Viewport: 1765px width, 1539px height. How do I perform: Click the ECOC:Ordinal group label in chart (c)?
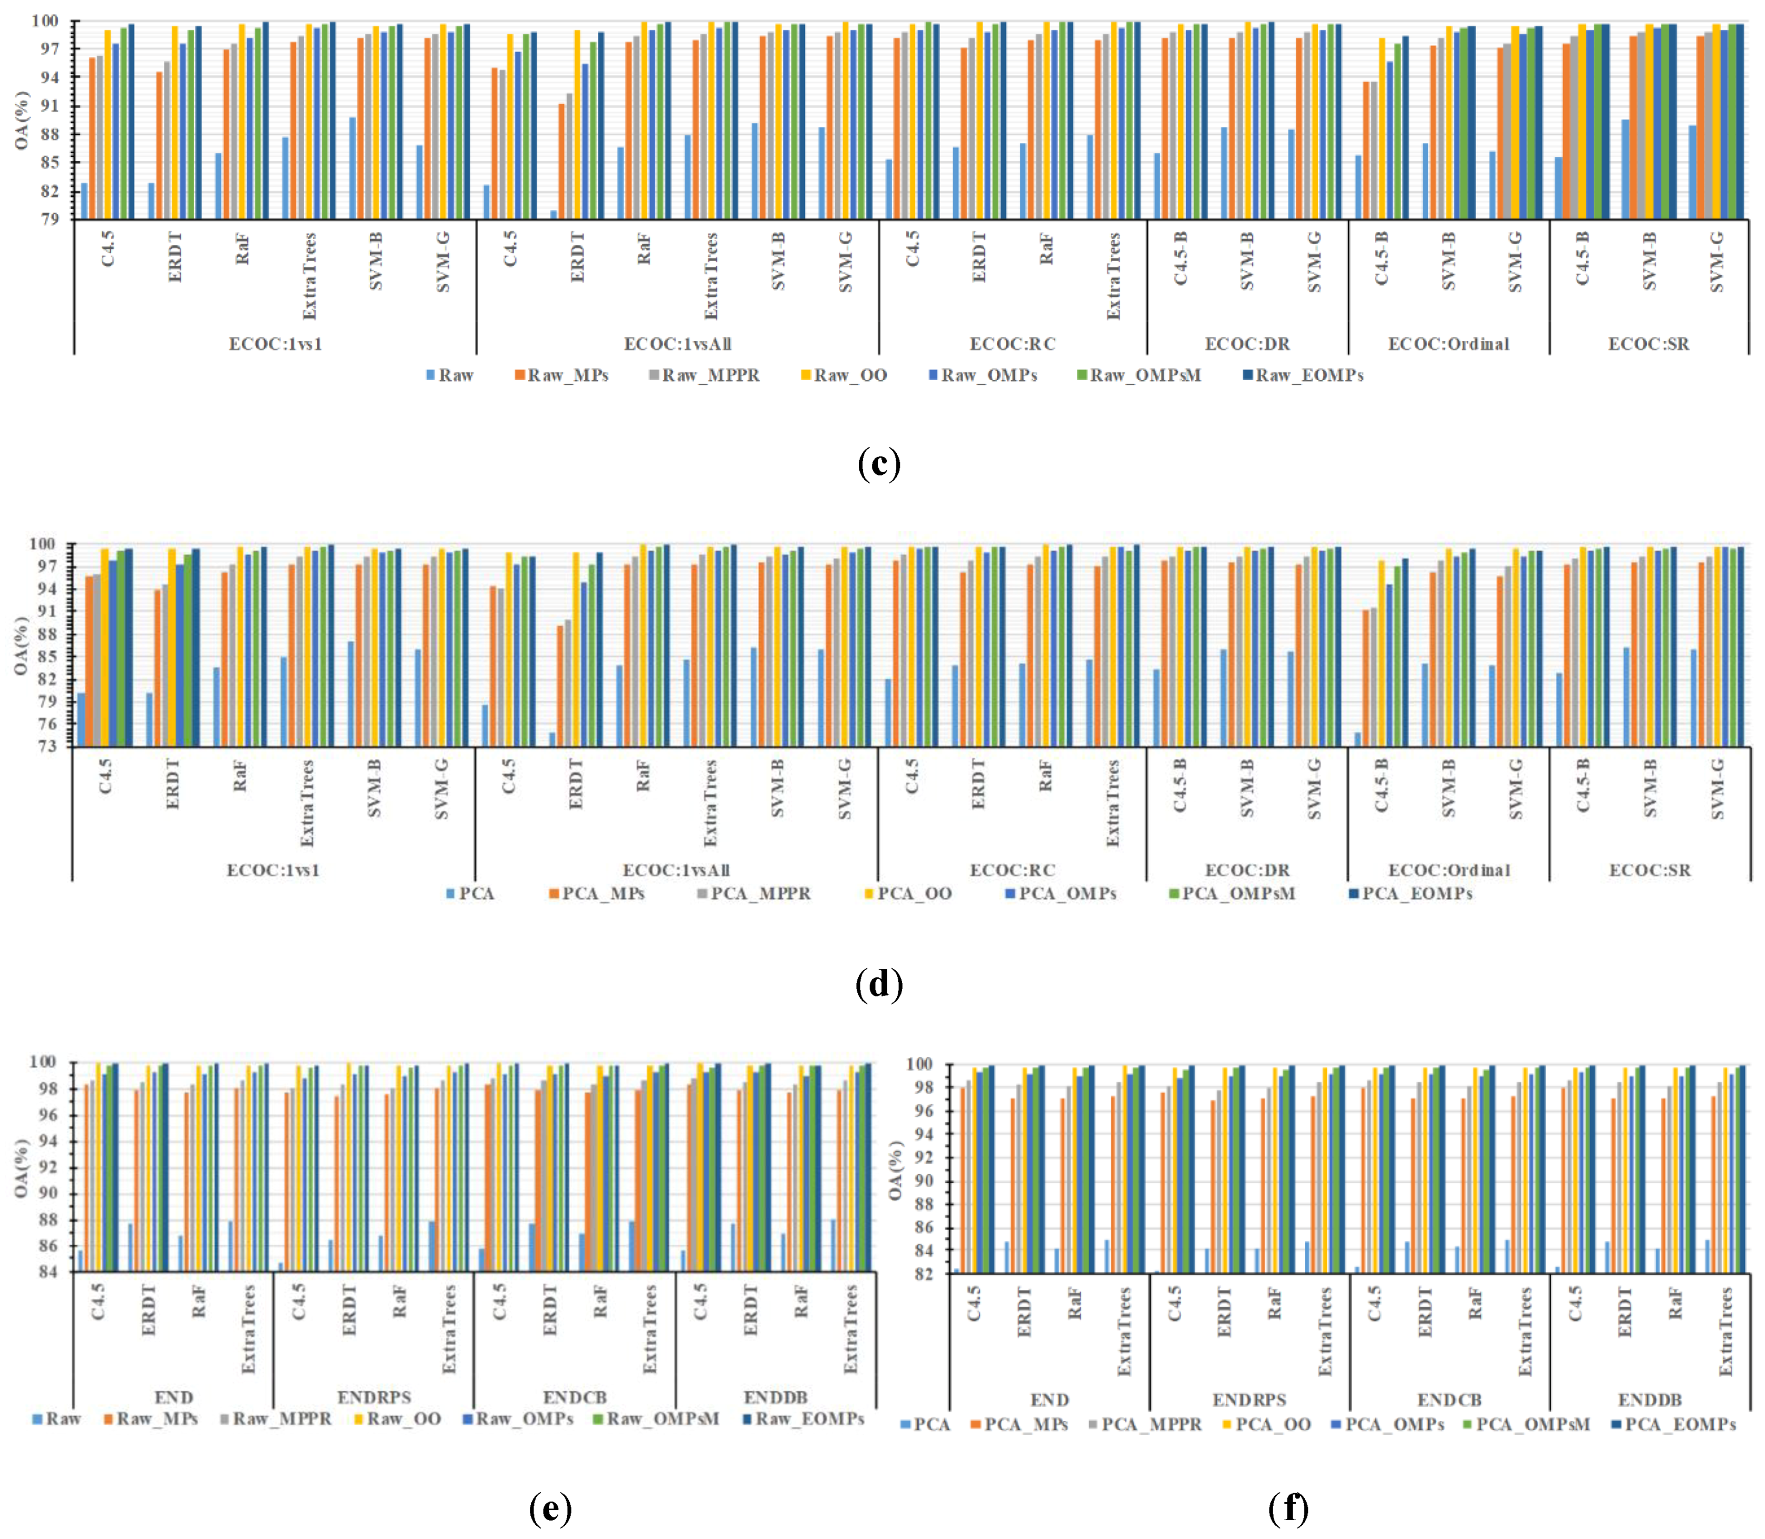tap(1448, 344)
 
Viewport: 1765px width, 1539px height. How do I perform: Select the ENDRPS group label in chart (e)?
tap(374, 1397)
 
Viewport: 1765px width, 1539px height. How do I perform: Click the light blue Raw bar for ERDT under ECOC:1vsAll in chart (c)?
tap(553, 215)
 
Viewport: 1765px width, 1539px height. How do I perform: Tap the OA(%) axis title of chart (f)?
tap(896, 1170)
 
